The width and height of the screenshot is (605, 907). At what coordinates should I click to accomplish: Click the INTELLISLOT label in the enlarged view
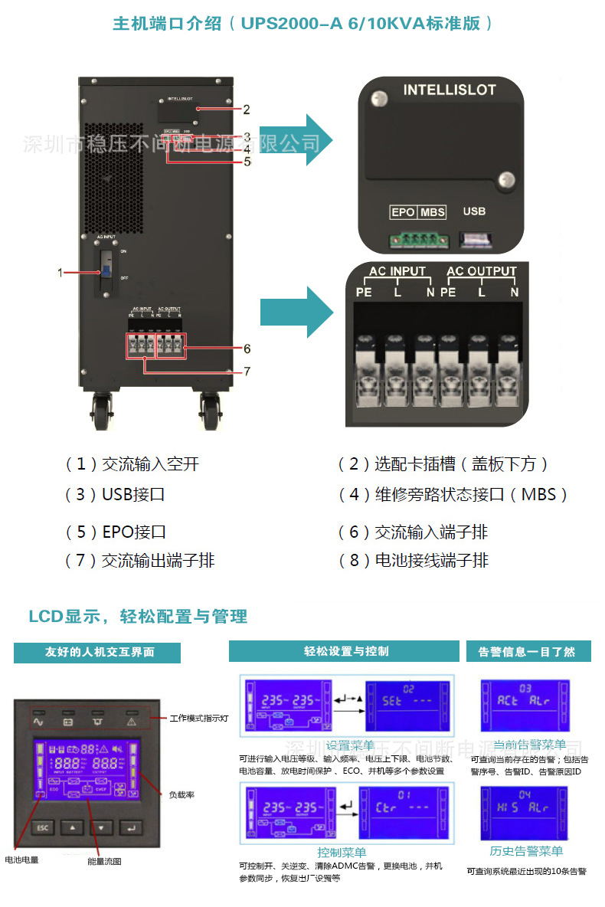tap(450, 90)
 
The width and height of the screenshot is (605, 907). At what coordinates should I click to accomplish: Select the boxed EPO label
tap(403, 212)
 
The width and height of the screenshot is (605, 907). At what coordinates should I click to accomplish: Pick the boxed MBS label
tap(433, 212)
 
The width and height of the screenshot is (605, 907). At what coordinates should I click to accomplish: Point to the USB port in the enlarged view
tap(474, 241)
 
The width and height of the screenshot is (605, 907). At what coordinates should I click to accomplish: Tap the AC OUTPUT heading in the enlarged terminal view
tap(482, 271)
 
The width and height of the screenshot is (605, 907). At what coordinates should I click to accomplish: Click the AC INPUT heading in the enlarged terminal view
tap(397, 271)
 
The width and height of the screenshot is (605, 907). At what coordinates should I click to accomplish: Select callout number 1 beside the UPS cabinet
tap(60, 272)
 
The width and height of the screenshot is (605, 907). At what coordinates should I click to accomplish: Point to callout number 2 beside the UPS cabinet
tap(247, 110)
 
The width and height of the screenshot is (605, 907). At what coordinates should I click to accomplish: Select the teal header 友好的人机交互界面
tap(97, 652)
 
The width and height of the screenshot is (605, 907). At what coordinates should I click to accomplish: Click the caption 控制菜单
tap(342, 852)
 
